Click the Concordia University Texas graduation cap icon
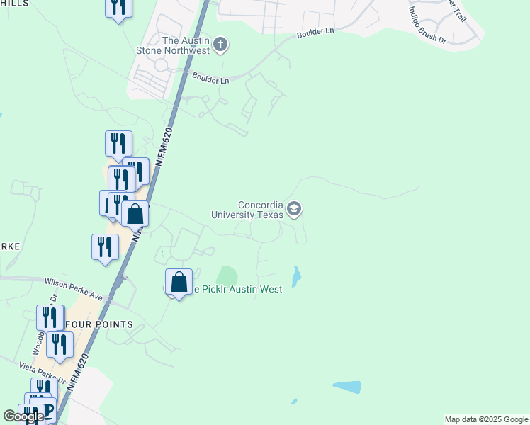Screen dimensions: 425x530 pos(294,209)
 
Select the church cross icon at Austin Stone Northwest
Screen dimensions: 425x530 pos(220,45)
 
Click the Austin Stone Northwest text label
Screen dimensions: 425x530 pos(176,45)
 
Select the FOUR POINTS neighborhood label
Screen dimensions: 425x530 pos(98,324)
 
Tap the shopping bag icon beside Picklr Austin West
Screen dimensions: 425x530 pos(179,283)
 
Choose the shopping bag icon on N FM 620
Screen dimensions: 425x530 pos(135,214)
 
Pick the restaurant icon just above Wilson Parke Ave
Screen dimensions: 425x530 pos(105,247)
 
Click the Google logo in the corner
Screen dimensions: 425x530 pos(23,416)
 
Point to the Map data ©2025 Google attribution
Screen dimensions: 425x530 pos(486,419)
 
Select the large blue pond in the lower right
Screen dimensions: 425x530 pos(346,387)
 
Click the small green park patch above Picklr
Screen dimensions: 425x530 pos(227,275)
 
